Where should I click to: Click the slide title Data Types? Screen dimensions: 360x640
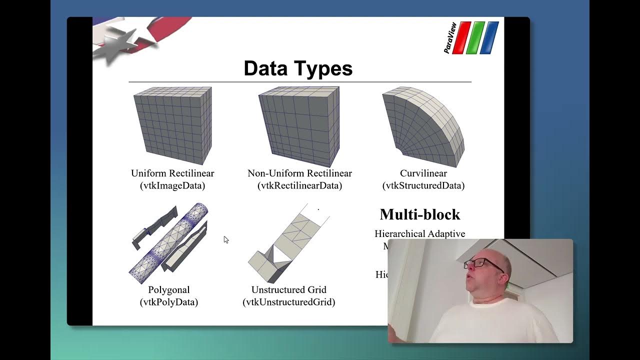tap(298, 68)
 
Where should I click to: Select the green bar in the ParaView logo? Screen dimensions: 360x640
tap(476, 37)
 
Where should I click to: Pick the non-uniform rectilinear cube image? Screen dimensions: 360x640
tap(299, 126)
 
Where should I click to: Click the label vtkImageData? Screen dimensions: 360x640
tap(172, 186)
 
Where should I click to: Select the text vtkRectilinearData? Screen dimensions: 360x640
tap(299, 186)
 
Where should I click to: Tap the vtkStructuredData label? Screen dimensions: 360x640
tap(423, 186)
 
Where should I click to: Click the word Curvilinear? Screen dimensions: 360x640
tap(423, 173)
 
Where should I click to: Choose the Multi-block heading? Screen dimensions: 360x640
tap(420, 214)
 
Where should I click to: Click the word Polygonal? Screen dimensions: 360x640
tap(169, 290)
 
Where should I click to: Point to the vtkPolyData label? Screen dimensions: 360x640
tap(169, 302)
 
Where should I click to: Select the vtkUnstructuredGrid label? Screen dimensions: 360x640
tap(289, 302)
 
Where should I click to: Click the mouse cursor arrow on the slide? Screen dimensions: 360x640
tap(226, 240)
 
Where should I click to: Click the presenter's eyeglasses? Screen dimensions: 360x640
tap(478, 263)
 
